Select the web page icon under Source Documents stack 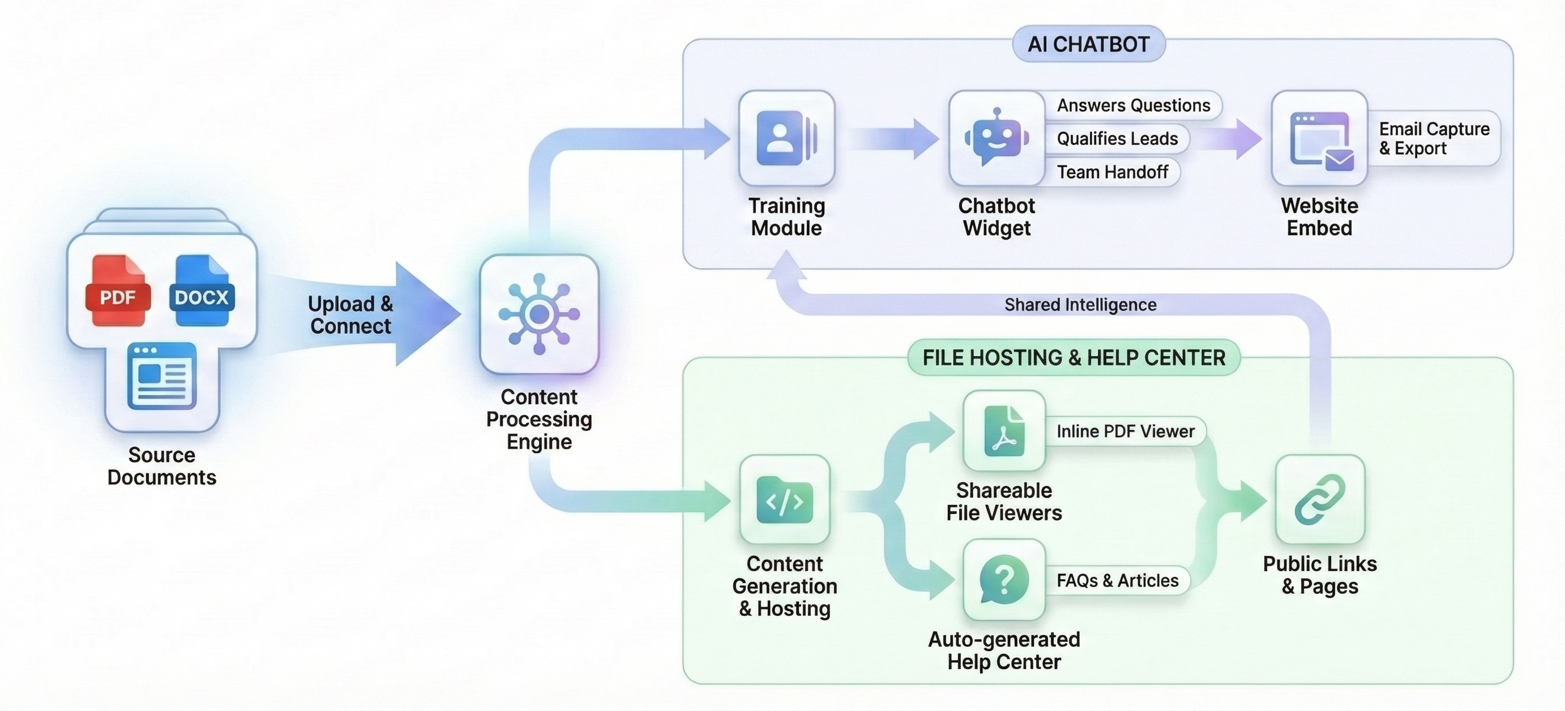pyautogui.click(x=161, y=376)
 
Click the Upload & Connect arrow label pyautogui.click(x=350, y=315)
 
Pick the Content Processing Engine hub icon pyautogui.click(x=539, y=314)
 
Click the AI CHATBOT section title pyautogui.click(x=1088, y=44)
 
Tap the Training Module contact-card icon pyautogui.click(x=786, y=138)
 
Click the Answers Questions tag pyautogui.click(x=1133, y=106)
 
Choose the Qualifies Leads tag pyautogui.click(x=1117, y=139)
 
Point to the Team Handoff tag pyautogui.click(x=1112, y=172)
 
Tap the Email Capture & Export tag pyautogui.click(x=1433, y=139)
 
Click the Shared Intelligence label pyautogui.click(x=1080, y=304)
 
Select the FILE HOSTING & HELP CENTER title pyautogui.click(x=1074, y=357)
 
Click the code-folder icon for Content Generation pyautogui.click(x=784, y=500)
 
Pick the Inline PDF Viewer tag pyautogui.click(x=1124, y=432)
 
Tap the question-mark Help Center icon pyautogui.click(x=1004, y=580)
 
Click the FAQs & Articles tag pyautogui.click(x=1117, y=580)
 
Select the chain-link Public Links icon pyautogui.click(x=1320, y=500)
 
